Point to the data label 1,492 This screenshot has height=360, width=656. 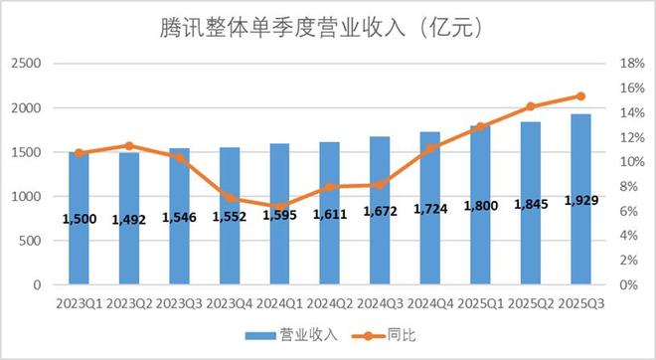click(128, 219)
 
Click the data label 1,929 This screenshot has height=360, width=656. click(580, 202)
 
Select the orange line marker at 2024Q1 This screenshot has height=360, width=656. click(279, 206)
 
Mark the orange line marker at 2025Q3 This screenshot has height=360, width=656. click(580, 96)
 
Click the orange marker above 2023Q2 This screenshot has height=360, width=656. click(128, 146)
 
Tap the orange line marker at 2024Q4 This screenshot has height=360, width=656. click(429, 148)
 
